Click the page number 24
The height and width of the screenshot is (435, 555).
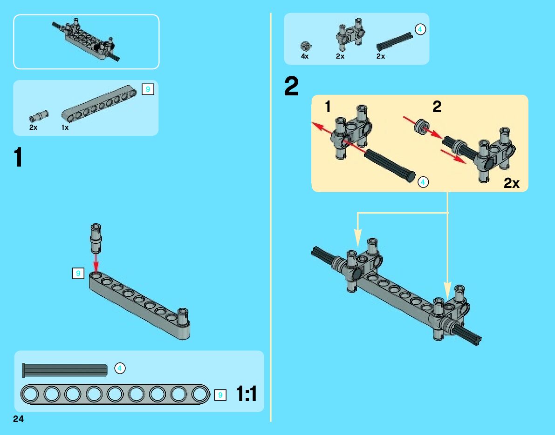coord(18,419)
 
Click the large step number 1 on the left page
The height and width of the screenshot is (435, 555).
coord(18,158)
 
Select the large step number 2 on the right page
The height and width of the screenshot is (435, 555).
coord(291,86)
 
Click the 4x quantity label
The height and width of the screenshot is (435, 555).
coord(305,56)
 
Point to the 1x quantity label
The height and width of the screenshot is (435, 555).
coord(65,127)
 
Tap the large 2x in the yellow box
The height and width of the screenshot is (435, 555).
coord(512,183)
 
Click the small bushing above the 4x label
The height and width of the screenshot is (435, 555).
coord(306,47)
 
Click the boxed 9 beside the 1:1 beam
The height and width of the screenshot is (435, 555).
coord(220,395)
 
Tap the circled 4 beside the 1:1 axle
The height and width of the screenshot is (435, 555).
coord(120,368)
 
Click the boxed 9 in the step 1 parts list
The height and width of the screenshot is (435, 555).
coord(148,89)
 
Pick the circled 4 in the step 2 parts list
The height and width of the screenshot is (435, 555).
coord(420,29)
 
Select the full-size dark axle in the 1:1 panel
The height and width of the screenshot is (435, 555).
coord(65,370)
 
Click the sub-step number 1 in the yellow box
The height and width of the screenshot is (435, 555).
coord(328,107)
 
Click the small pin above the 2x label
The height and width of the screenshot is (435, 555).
coord(39,116)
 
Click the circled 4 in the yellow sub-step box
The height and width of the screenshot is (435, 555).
coord(423,182)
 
